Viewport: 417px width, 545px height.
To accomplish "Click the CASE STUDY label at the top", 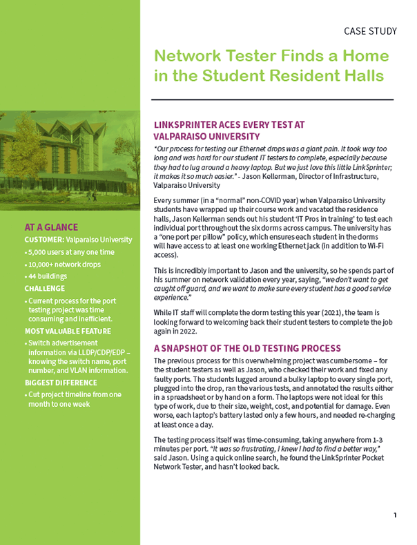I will pyautogui.click(x=370, y=31).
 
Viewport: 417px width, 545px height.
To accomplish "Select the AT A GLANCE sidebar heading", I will pyautogui.click(x=51, y=227).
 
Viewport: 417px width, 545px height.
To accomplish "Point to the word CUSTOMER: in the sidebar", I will pyautogui.click(x=44, y=240).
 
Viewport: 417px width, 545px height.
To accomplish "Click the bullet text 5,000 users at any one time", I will pyautogui.click(x=71, y=252).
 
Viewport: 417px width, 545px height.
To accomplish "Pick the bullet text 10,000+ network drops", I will pyautogui.click(x=68, y=264).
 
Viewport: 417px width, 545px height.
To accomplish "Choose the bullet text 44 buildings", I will pyautogui.click(x=51, y=276).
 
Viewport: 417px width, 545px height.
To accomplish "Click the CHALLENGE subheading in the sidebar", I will pyautogui.click(x=45, y=289).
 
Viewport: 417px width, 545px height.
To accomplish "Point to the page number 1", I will pyautogui.click(x=395, y=515).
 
